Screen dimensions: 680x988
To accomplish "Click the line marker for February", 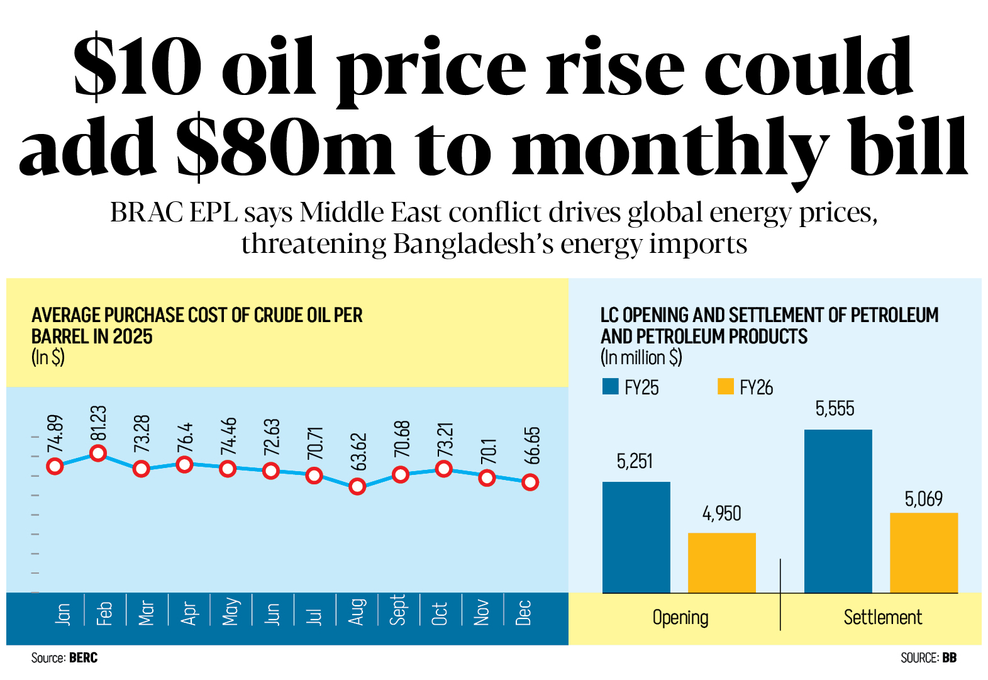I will coord(98,453).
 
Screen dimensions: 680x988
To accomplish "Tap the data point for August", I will coord(357,486).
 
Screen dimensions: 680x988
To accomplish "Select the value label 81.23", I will coord(99,423).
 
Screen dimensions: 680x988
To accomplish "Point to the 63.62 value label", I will coord(358,452).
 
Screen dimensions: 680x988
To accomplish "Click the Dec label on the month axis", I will coord(524,613).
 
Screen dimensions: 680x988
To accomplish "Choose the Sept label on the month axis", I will coord(397,610).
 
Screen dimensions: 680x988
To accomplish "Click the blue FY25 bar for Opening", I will coord(636,537).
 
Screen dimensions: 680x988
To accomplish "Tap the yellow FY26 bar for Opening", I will coord(721,562).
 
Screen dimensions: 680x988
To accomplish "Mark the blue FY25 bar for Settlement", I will coord(838,511).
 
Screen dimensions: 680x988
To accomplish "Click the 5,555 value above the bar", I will coord(835,410).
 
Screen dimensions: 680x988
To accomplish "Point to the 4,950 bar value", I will coord(721,514).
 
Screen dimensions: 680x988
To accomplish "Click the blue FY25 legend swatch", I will coord(610,386).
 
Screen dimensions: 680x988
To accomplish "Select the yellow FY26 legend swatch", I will coord(725,386).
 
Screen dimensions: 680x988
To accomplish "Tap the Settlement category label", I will coord(882,618).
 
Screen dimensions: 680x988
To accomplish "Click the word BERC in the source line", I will coord(83,658).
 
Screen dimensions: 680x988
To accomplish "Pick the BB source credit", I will coord(949,658).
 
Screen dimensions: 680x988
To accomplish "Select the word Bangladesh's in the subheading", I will coord(474,244).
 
